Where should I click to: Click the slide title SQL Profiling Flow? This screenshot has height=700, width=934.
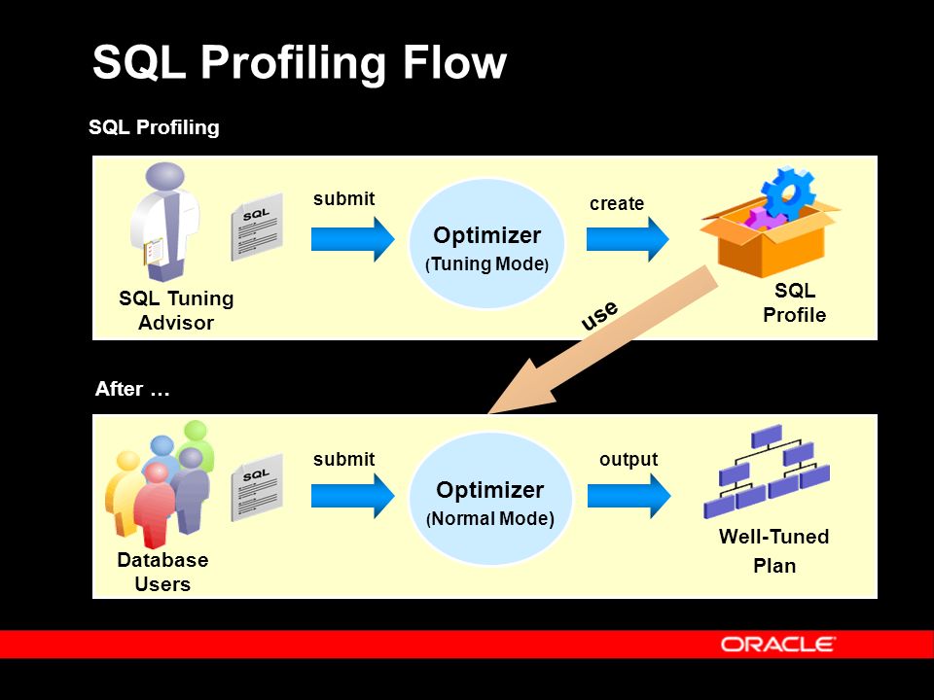pyautogui.click(x=299, y=64)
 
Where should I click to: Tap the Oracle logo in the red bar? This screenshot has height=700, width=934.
pyautogui.click(x=777, y=644)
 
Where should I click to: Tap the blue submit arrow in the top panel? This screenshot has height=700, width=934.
pyautogui.click(x=352, y=239)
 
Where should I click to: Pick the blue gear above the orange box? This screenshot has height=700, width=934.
pyautogui.click(x=789, y=193)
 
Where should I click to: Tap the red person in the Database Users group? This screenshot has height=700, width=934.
pyautogui.click(x=155, y=506)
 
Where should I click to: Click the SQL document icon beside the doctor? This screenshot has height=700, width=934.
pyautogui.click(x=256, y=227)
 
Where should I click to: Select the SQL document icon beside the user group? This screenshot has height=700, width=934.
pyautogui.click(x=256, y=487)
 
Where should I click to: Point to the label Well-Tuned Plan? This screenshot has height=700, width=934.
pyautogui.click(x=773, y=551)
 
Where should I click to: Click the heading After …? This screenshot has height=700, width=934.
pyautogui.click(x=132, y=390)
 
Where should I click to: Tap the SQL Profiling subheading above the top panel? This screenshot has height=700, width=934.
pyautogui.click(x=154, y=127)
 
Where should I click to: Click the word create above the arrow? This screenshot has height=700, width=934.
pyautogui.click(x=617, y=203)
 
